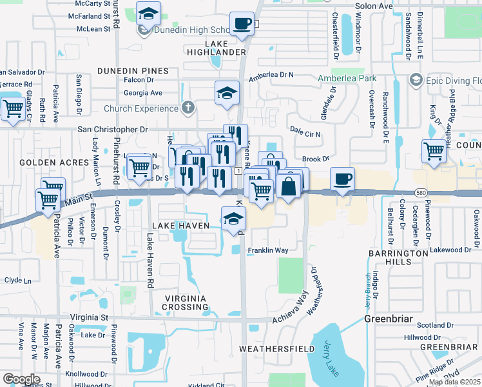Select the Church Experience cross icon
(188, 107)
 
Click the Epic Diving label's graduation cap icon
(416, 80)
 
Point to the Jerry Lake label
(331, 358)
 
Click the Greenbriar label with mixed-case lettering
(387, 319)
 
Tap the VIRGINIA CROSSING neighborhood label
(185, 303)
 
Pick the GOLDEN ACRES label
(44, 162)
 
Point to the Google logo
(21, 379)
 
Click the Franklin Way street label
(267, 250)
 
